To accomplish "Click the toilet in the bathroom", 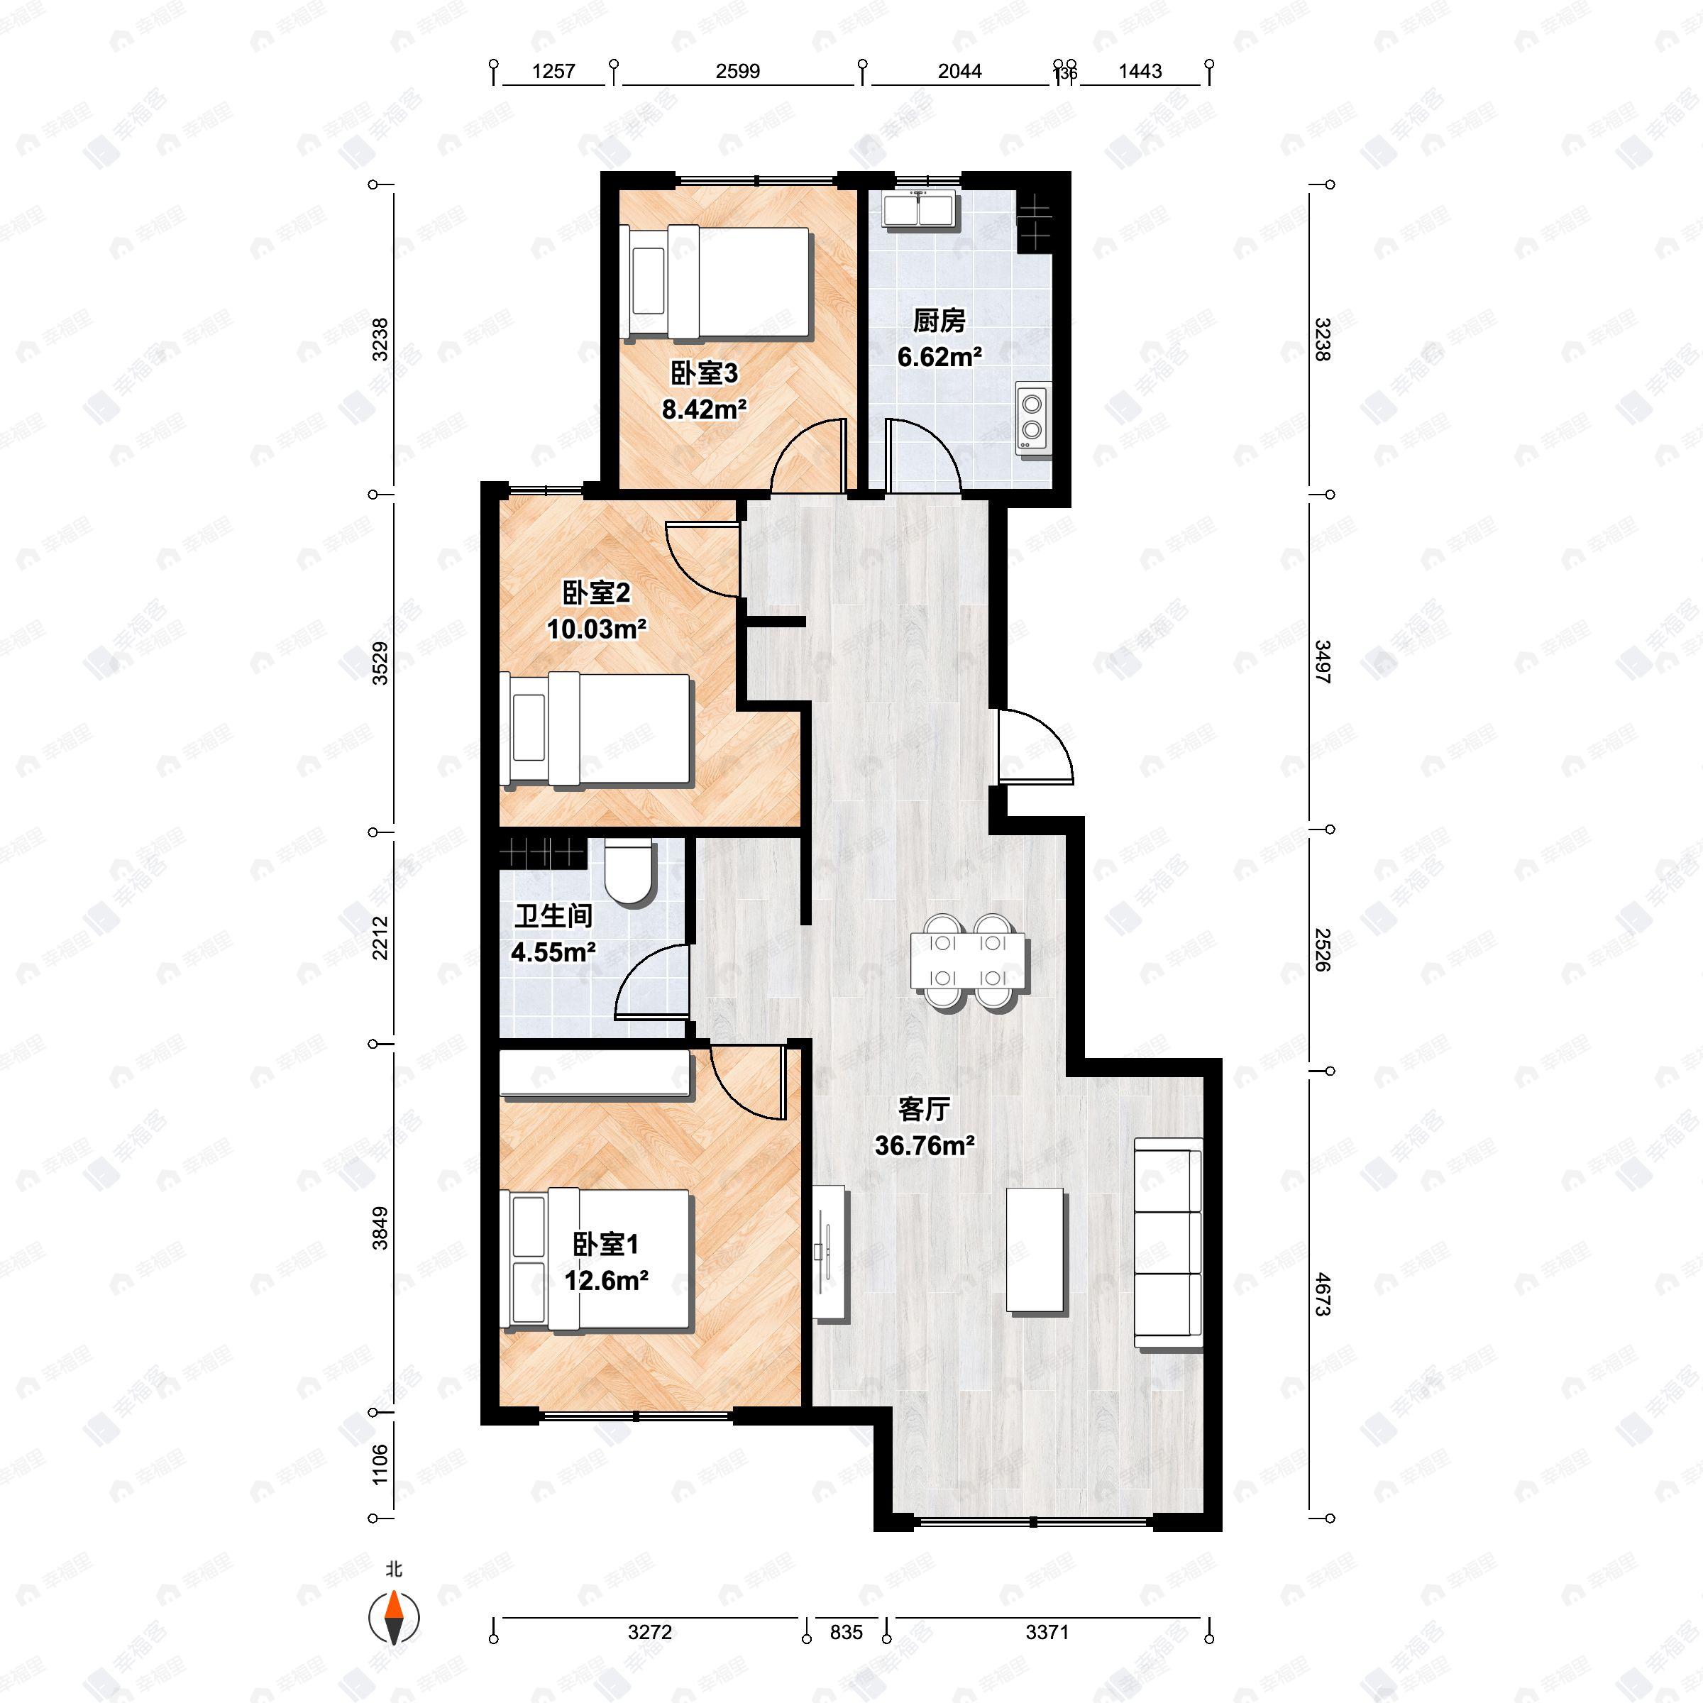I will (629, 872).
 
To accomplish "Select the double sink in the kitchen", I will (920, 210).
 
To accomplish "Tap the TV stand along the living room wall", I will (830, 1252).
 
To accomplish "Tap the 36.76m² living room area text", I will (924, 1146).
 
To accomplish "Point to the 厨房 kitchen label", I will (939, 321).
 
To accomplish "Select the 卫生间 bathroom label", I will (553, 917).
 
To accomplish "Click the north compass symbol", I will (393, 1618).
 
